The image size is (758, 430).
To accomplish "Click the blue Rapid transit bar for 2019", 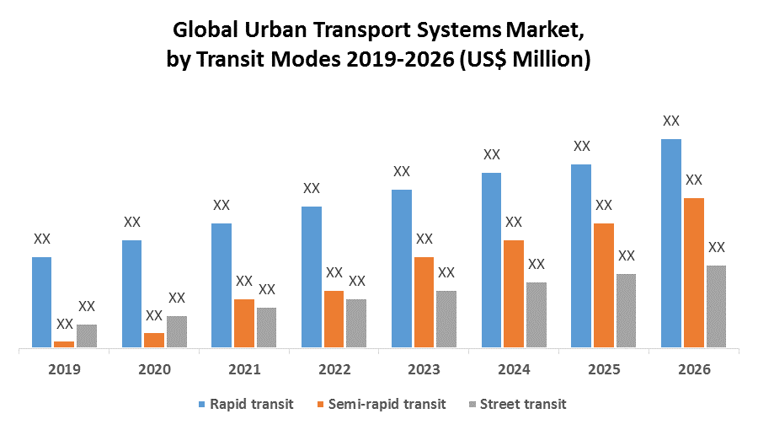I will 42,302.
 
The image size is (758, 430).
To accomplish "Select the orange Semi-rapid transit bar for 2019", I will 64,344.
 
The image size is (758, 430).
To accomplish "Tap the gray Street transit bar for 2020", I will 177,331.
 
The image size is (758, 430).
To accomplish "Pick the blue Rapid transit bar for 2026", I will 671,243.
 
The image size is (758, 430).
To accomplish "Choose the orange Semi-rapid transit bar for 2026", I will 694,272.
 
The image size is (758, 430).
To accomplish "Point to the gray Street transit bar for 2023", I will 446,319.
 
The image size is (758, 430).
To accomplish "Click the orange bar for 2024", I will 514,293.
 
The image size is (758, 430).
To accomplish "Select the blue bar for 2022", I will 312,277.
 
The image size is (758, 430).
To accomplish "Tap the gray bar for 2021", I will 266,327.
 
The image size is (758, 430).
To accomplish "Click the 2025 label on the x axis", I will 604,369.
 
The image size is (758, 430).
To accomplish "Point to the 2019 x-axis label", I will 65,369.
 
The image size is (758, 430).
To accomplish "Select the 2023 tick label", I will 424,369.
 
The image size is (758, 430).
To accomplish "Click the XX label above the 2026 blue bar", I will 671,121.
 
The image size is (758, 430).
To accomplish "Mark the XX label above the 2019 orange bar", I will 64,324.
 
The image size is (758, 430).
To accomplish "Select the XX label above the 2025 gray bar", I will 627,255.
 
